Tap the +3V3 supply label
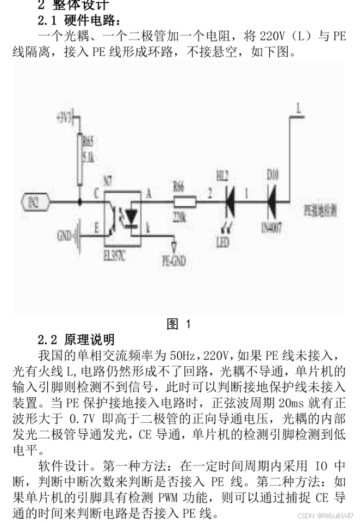[64, 117]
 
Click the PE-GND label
[174, 261]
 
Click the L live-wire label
[298, 108]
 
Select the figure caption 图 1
[179, 324]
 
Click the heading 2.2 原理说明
[76, 340]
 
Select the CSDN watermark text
[325, 515]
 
